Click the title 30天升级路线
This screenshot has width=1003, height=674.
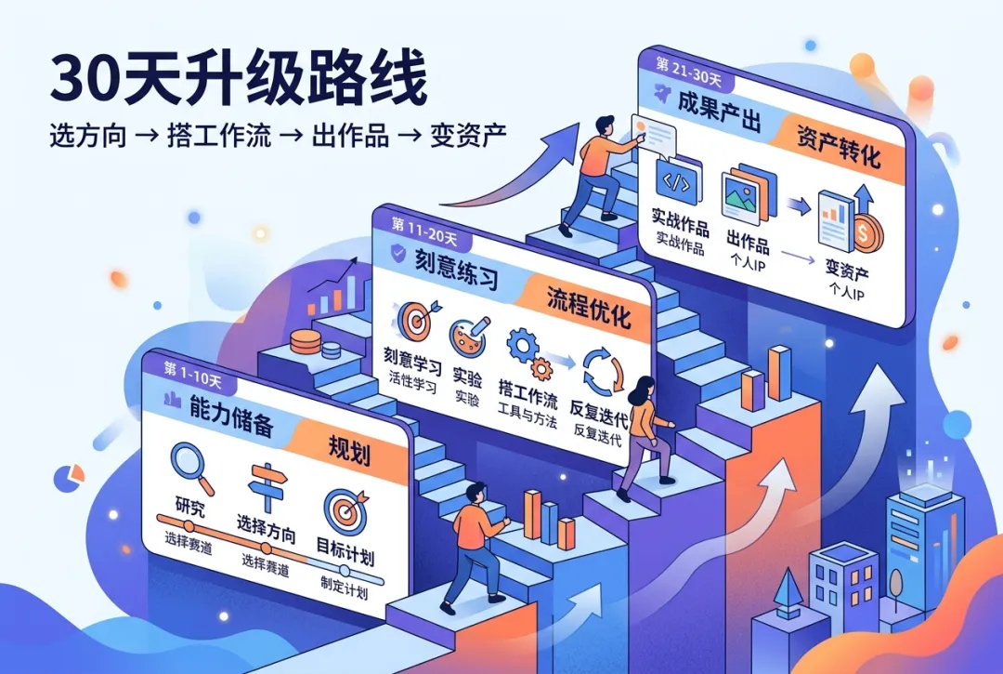pyautogui.click(x=239, y=79)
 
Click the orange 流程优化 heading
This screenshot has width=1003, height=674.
pyautogui.click(x=588, y=307)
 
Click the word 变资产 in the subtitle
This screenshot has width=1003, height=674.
pyautogui.click(x=467, y=137)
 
